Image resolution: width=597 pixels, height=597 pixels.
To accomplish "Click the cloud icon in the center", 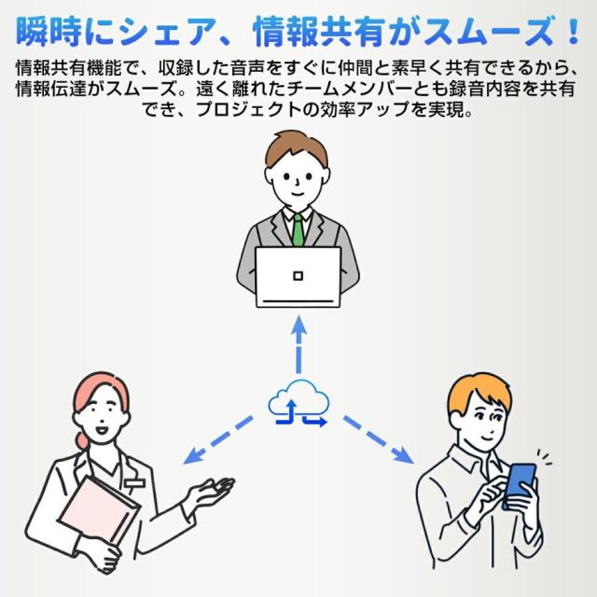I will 298,402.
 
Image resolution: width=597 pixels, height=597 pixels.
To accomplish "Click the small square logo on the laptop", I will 298,275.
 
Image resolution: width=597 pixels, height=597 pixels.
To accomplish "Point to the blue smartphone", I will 519,485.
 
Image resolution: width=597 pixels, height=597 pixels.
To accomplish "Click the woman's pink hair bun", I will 85,437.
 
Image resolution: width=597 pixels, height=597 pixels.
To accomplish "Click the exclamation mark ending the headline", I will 573,34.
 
